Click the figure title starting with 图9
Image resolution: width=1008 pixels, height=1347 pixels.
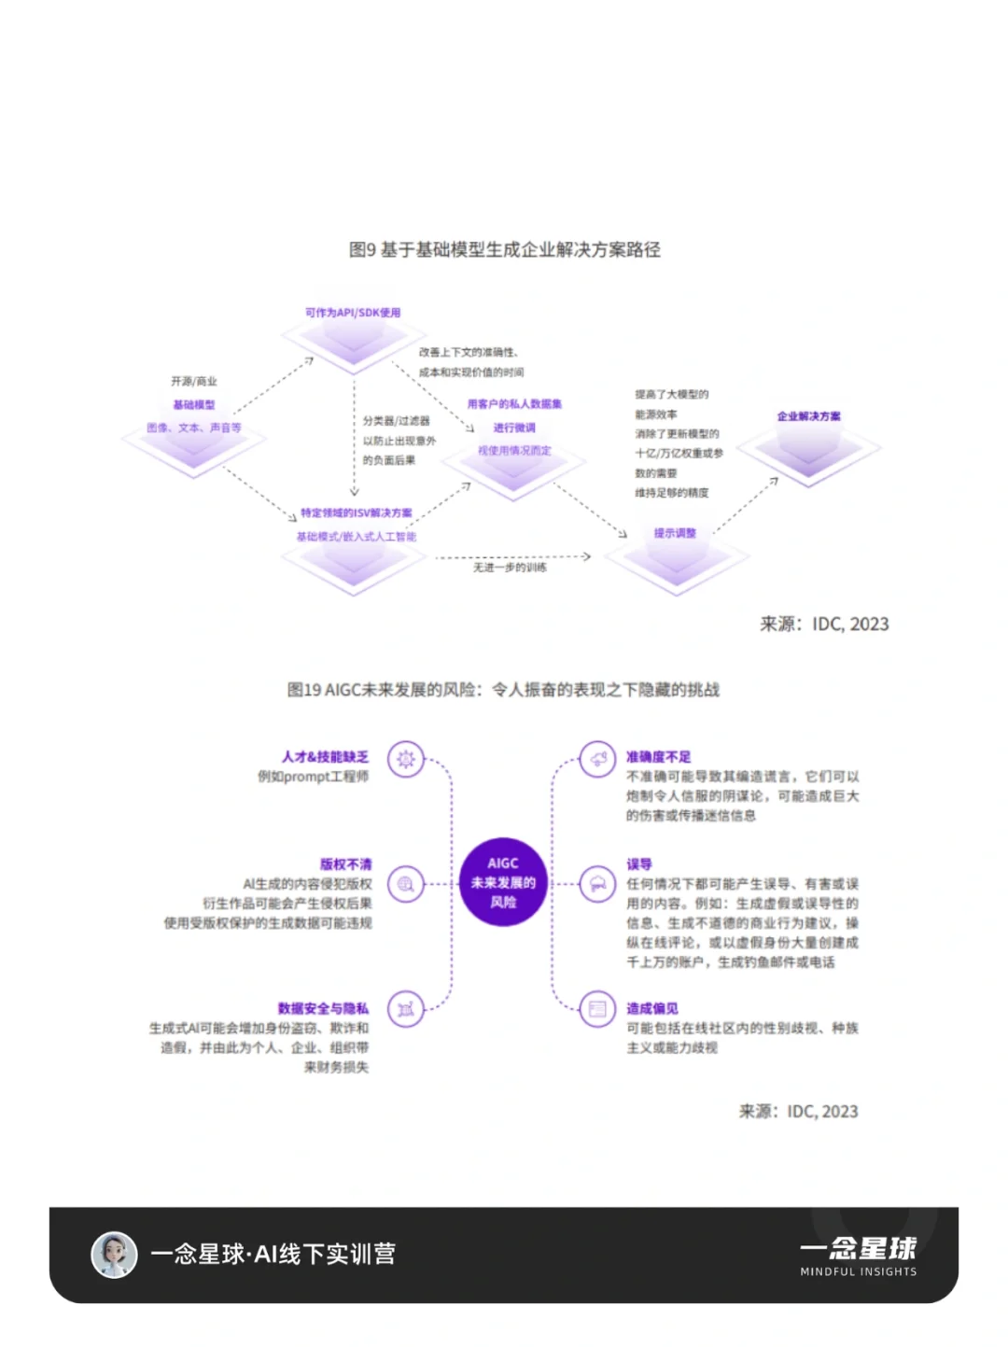(x=504, y=249)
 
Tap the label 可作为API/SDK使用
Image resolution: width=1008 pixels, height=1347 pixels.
(x=353, y=313)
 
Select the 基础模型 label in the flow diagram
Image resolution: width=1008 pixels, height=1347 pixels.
(x=194, y=405)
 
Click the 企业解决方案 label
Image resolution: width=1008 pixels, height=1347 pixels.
(x=808, y=416)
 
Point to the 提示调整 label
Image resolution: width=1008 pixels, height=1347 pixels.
(x=675, y=533)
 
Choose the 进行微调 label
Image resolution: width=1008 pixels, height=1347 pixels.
(x=514, y=428)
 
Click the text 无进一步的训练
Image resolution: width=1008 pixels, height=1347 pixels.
(x=510, y=568)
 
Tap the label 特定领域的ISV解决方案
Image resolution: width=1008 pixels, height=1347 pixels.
(x=356, y=513)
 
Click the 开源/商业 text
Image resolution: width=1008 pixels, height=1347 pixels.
(x=194, y=382)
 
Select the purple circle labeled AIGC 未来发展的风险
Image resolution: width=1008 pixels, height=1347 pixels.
(x=503, y=882)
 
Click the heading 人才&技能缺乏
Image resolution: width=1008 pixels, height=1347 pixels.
(x=325, y=757)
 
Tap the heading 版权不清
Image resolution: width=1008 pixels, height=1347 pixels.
(x=345, y=864)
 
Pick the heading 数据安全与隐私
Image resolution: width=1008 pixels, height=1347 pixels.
(x=323, y=1008)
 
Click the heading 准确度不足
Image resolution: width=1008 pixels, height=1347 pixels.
(x=658, y=757)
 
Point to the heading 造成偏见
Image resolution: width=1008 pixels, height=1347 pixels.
(x=651, y=1008)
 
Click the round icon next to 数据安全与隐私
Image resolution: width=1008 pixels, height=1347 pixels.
(x=406, y=1009)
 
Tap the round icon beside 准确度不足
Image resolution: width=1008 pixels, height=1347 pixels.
(x=597, y=759)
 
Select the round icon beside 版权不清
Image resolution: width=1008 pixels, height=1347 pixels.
(x=406, y=883)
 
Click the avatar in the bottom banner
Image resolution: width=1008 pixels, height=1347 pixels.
(x=114, y=1254)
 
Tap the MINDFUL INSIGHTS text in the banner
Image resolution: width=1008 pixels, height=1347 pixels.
(x=858, y=1271)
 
